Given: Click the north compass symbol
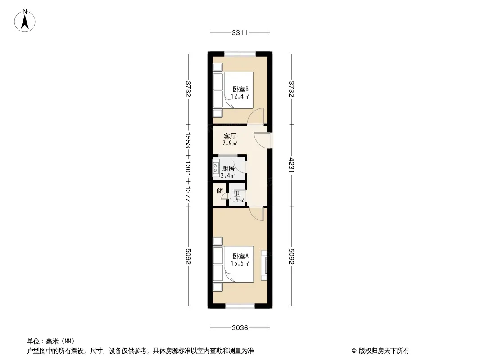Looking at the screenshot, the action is pos(25,20).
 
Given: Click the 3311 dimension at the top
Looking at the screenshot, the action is pos(240,32).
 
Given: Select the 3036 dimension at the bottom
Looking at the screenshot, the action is pos(240,328).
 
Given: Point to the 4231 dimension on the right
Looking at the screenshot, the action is pos(291,165).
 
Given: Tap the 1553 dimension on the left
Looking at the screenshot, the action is pos(188,140).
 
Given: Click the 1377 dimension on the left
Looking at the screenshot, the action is pos(188,194).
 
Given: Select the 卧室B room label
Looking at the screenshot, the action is pos(240,89).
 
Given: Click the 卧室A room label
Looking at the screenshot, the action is pos(240,256).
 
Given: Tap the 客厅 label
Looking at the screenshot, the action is pos(230,136).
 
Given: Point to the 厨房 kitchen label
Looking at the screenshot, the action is pos(228,169).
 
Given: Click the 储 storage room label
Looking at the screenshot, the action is pos(219,190).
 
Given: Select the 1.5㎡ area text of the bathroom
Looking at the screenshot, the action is pos(237,201).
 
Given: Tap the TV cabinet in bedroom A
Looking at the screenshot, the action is pos(264,265).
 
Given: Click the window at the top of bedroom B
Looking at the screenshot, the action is pos(240,54).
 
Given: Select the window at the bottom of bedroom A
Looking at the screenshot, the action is pos(240,306).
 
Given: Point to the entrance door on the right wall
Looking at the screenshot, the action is pos(263,140).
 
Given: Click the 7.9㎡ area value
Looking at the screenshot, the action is pos(230,143).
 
